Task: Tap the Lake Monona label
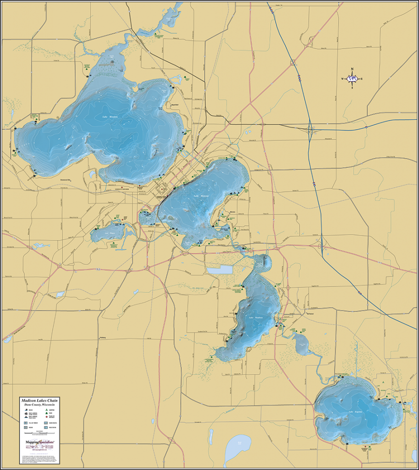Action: click(201, 196)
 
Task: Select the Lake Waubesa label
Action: click(255, 317)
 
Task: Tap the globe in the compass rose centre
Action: click(352, 79)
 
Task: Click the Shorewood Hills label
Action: click(67, 179)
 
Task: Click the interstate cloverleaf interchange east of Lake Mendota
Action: click(311, 130)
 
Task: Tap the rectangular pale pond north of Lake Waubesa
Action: click(220, 270)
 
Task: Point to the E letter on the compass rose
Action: click(361, 79)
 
